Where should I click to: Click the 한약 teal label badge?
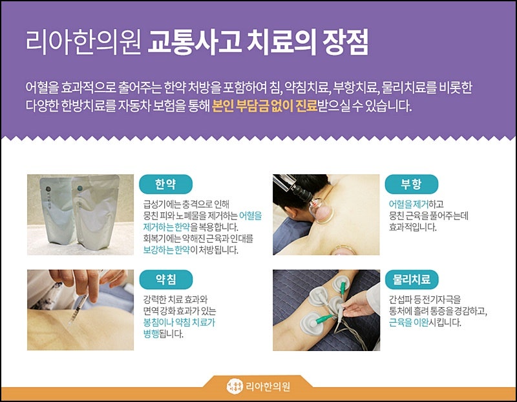pos(165,184)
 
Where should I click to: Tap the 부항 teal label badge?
pos(411,184)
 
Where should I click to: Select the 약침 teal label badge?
pos(165,279)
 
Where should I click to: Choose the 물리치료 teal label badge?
pos(412,279)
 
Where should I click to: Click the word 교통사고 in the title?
pos(195,42)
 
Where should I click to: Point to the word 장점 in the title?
pos(345,42)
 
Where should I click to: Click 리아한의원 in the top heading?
pos(83,42)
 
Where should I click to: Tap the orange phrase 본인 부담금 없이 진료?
pos(264,106)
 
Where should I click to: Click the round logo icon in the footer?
pos(235,387)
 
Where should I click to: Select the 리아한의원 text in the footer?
pos(268,387)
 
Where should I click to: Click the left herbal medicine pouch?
pos(58,210)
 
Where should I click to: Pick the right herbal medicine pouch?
pos(96,212)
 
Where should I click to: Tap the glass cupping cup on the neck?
pos(321,210)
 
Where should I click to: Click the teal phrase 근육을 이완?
pos(408,322)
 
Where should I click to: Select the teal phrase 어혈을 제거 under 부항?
pos(408,204)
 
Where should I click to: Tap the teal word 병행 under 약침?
pos(151,334)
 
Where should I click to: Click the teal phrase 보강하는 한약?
pos(167,250)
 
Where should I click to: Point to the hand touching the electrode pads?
pos(359,305)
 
